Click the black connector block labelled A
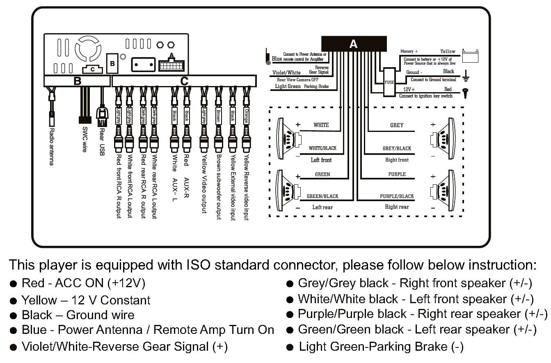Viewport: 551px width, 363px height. [x=354, y=44]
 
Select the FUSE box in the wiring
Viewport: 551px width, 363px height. [x=389, y=82]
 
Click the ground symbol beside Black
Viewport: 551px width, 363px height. [x=465, y=76]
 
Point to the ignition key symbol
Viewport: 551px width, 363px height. [x=466, y=93]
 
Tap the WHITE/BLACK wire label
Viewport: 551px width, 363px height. [x=322, y=148]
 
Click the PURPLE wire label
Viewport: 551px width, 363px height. [x=397, y=174]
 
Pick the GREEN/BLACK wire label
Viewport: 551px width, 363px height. [x=322, y=196]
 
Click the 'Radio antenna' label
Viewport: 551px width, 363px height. [x=52, y=147]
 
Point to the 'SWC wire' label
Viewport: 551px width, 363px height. [x=85, y=139]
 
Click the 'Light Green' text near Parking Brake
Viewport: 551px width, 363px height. [x=288, y=86]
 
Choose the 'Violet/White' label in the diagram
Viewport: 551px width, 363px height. [x=286, y=73]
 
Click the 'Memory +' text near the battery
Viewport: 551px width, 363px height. [x=409, y=52]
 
